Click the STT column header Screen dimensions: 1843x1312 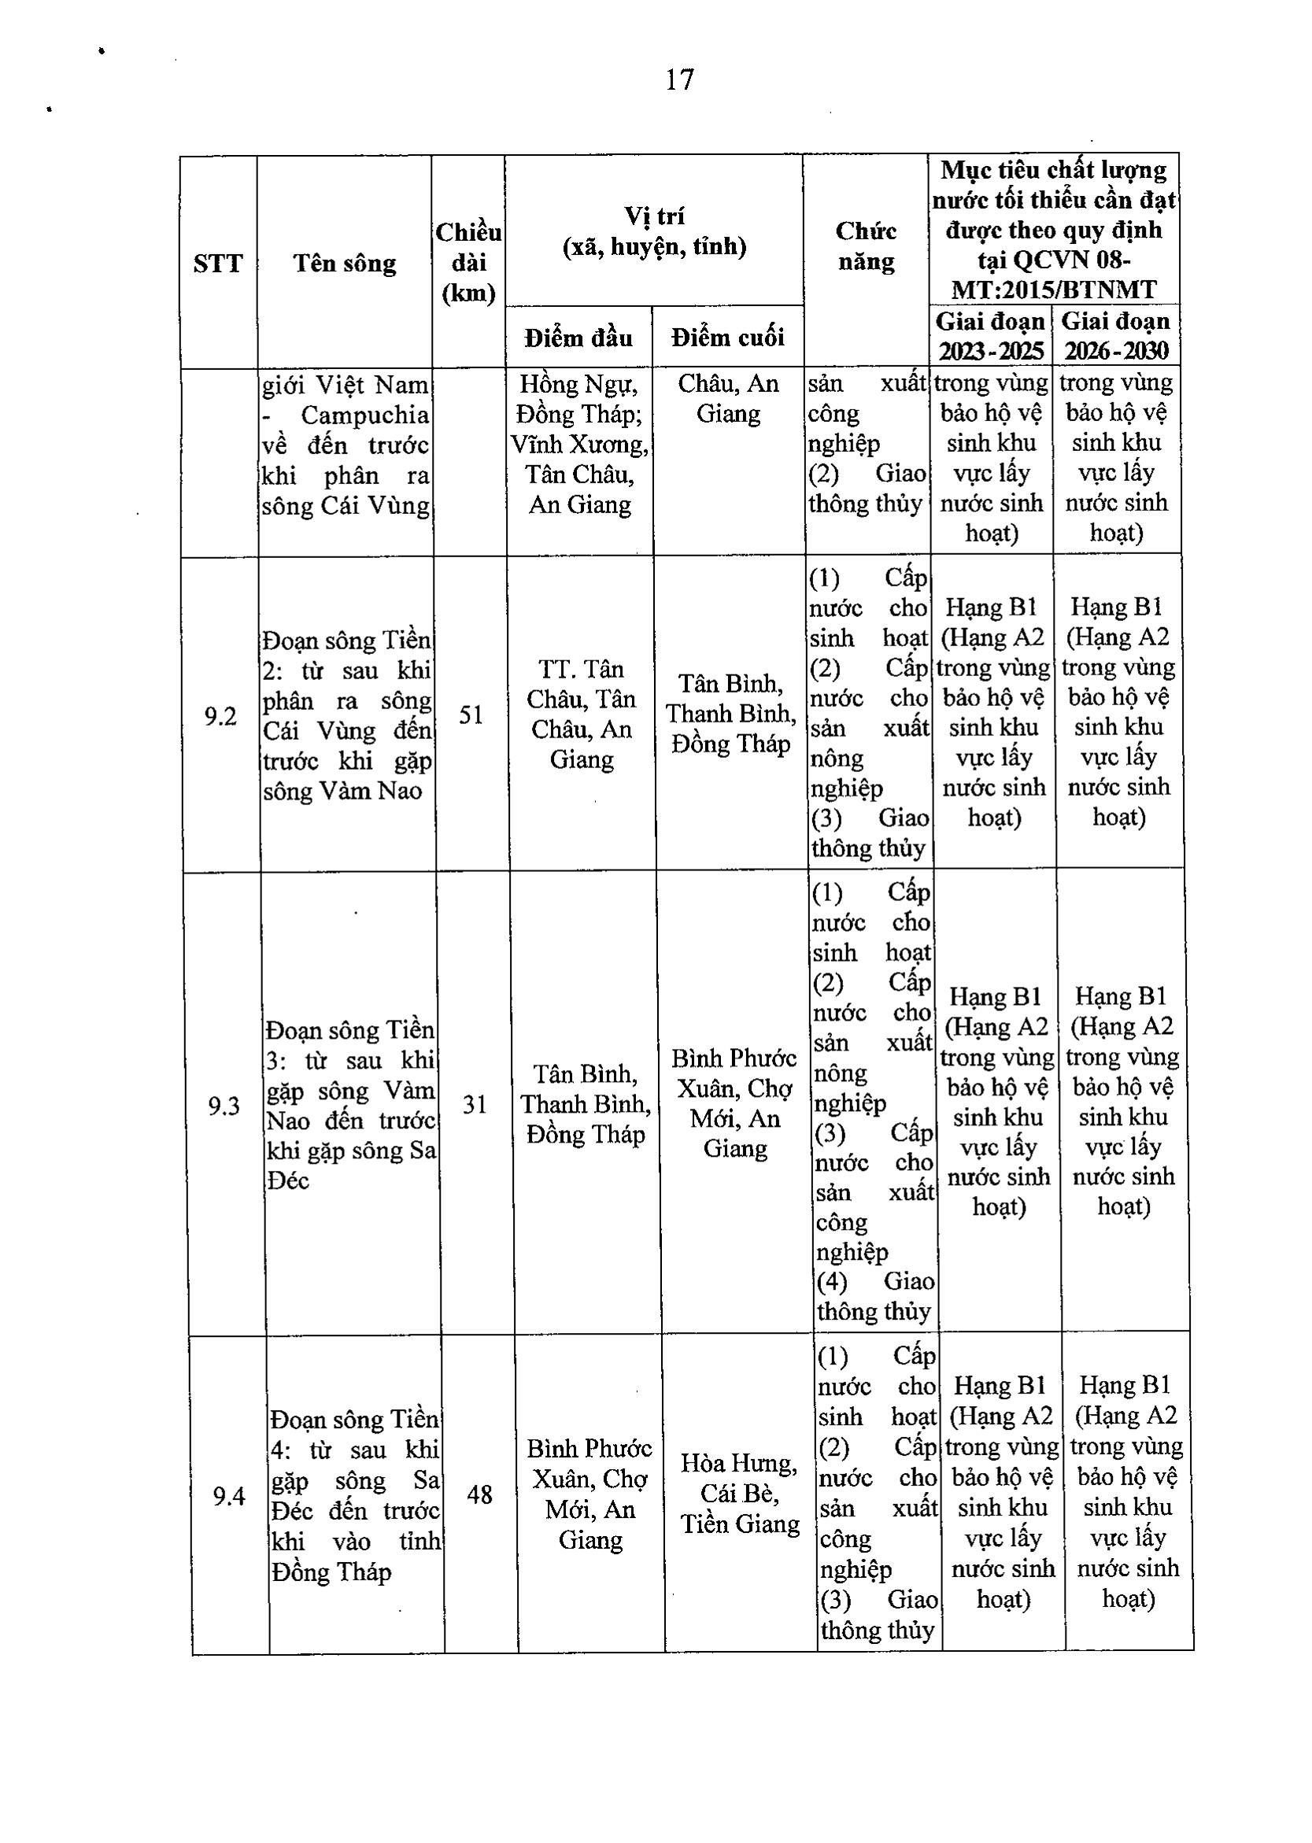(x=218, y=264)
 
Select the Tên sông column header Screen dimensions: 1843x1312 (x=345, y=264)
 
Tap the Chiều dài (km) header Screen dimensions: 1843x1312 (x=468, y=263)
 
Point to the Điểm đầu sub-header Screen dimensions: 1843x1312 (x=578, y=337)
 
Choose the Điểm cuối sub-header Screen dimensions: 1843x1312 (x=728, y=337)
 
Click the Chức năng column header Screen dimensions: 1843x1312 (x=866, y=246)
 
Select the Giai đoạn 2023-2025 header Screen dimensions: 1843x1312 (x=990, y=336)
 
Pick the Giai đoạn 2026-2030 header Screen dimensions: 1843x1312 (x=1116, y=336)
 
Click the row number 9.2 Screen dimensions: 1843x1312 (x=220, y=716)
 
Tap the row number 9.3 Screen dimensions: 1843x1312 (x=224, y=1106)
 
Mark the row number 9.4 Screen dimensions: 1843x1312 (x=230, y=1497)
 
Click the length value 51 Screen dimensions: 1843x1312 (x=471, y=715)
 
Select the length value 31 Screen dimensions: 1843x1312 (x=475, y=1104)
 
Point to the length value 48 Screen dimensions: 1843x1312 (x=480, y=1495)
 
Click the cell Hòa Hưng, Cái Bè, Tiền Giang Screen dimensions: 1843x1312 (x=740, y=1494)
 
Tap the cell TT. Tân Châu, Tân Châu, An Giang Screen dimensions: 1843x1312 (x=582, y=715)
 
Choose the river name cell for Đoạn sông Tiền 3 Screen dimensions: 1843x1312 (x=350, y=1106)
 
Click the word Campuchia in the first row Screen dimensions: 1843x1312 (x=364, y=416)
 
